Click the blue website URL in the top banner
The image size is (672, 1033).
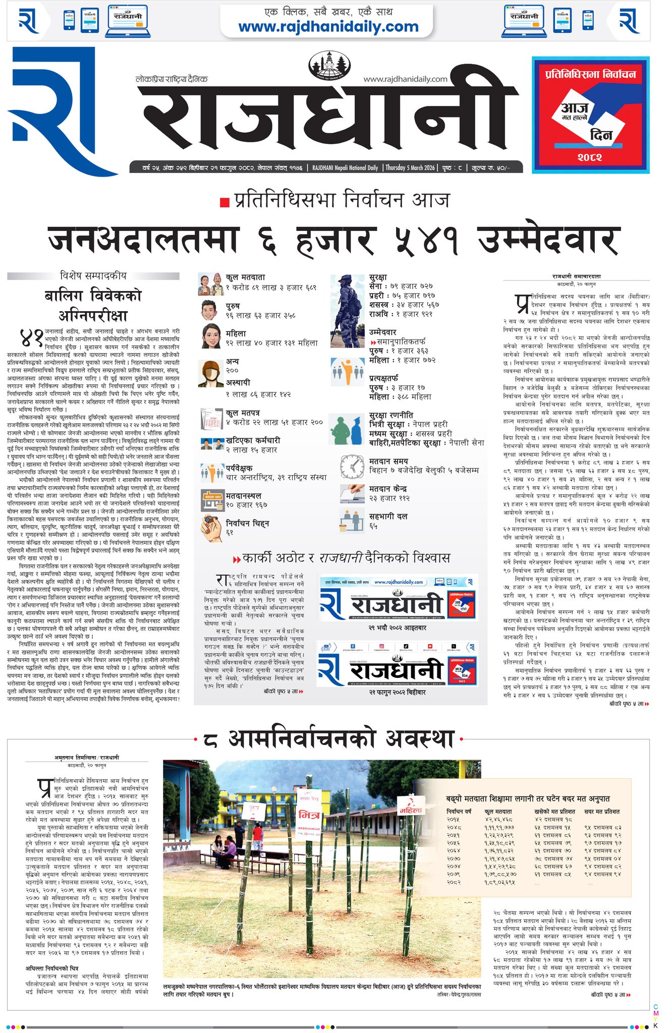click(x=328, y=27)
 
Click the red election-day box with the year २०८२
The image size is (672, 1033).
click(x=590, y=115)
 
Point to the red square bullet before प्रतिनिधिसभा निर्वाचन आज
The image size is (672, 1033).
click(x=225, y=202)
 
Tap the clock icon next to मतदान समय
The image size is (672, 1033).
click(x=352, y=466)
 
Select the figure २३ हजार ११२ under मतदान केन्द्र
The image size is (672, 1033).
click(x=389, y=498)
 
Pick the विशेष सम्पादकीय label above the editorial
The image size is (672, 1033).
click(x=93, y=276)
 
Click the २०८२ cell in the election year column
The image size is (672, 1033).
click(x=454, y=883)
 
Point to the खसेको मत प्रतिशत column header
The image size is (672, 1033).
click(x=554, y=812)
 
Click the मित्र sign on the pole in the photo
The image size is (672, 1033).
click(x=309, y=815)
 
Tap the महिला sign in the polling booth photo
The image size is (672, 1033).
click(x=410, y=811)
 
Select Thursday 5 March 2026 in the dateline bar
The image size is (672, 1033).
click(x=410, y=167)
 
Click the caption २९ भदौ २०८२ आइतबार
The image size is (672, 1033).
click(x=397, y=628)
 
